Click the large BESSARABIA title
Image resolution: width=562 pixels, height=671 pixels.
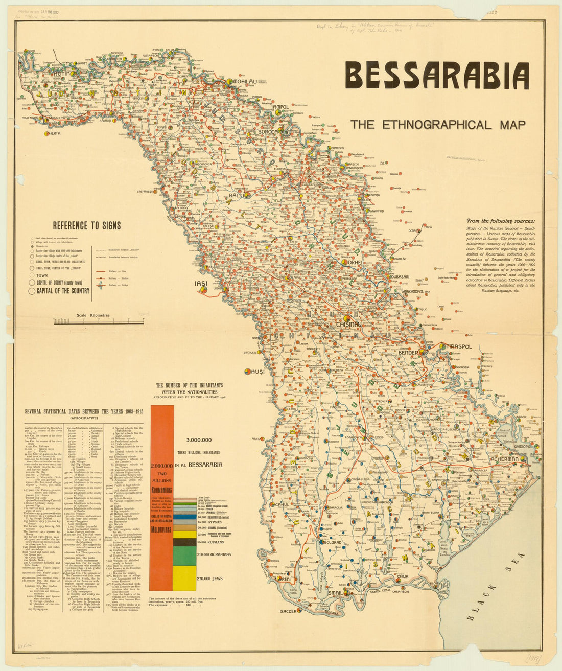(437, 76)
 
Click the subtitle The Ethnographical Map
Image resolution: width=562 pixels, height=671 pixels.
(437, 124)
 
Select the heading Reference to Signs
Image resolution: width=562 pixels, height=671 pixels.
(86, 225)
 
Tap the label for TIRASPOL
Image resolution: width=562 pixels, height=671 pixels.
(458, 346)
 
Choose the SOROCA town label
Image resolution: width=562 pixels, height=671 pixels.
(268, 131)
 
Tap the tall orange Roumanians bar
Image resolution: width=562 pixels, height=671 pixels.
(162, 496)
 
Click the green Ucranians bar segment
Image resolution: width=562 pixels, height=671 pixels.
(184, 556)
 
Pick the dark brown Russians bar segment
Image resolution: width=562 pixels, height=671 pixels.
(184, 542)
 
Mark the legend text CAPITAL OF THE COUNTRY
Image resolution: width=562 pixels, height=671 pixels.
(63, 291)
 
